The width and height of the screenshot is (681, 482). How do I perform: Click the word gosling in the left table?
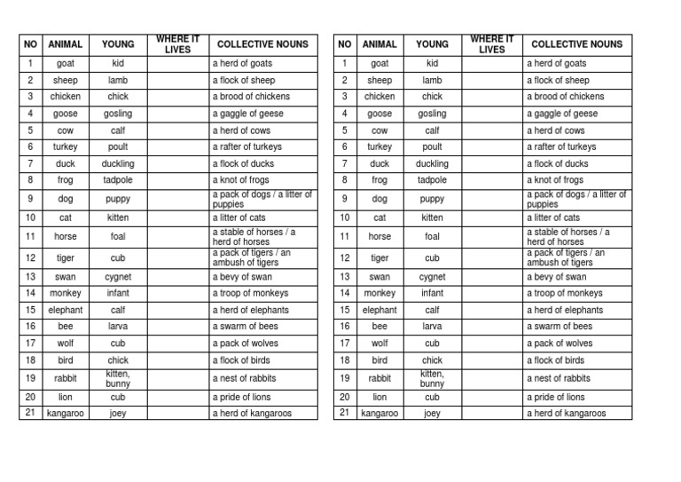click(x=118, y=114)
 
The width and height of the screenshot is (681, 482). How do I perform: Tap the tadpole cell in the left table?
click(x=118, y=180)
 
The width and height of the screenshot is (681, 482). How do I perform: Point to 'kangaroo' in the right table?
click(x=380, y=413)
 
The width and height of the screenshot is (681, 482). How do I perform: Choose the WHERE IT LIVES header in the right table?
click(x=492, y=44)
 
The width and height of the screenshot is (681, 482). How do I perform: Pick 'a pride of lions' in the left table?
click(x=241, y=397)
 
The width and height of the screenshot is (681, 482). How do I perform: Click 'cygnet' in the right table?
click(x=432, y=277)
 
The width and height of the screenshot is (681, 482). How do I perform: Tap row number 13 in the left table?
click(x=30, y=277)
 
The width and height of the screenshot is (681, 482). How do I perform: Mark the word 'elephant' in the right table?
click(x=380, y=310)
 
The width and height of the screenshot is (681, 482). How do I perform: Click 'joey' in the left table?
click(x=118, y=413)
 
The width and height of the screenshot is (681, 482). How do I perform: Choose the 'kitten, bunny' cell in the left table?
click(x=118, y=379)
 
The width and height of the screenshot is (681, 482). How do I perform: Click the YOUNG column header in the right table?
click(x=432, y=44)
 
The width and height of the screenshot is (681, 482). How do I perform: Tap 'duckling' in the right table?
click(x=432, y=164)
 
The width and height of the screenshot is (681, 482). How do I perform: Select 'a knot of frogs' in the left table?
click(x=242, y=180)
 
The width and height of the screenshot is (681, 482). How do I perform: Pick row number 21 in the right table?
click(x=344, y=413)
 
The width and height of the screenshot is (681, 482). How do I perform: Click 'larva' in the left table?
click(x=118, y=327)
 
